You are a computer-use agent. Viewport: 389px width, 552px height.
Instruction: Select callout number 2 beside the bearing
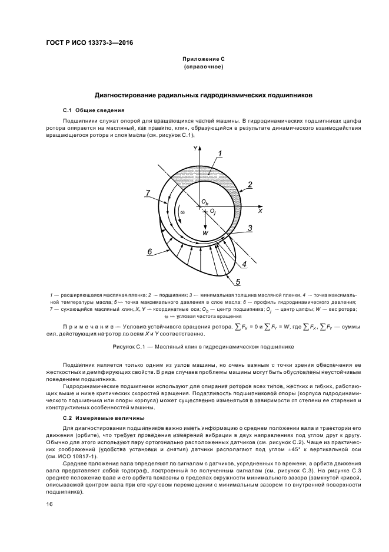250,185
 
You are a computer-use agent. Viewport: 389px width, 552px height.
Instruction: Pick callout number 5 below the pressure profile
238,282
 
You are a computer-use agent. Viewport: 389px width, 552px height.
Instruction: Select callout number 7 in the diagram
149,192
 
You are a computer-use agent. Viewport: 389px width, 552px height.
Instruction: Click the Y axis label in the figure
195,149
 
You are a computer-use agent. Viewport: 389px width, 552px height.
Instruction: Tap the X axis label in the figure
260,211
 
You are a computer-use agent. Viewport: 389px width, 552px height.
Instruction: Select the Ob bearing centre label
204,202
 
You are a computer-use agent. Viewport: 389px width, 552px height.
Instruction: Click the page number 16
49,504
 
